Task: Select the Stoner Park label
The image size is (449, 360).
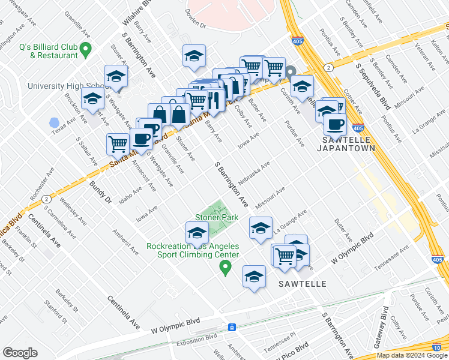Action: [x=216, y=218]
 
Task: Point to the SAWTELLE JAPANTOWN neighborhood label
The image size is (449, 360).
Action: [x=346, y=143]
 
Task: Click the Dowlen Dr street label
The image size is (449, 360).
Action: [x=195, y=26]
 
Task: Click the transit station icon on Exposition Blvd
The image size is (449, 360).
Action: [x=232, y=327]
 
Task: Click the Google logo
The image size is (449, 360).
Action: [x=20, y=353]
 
